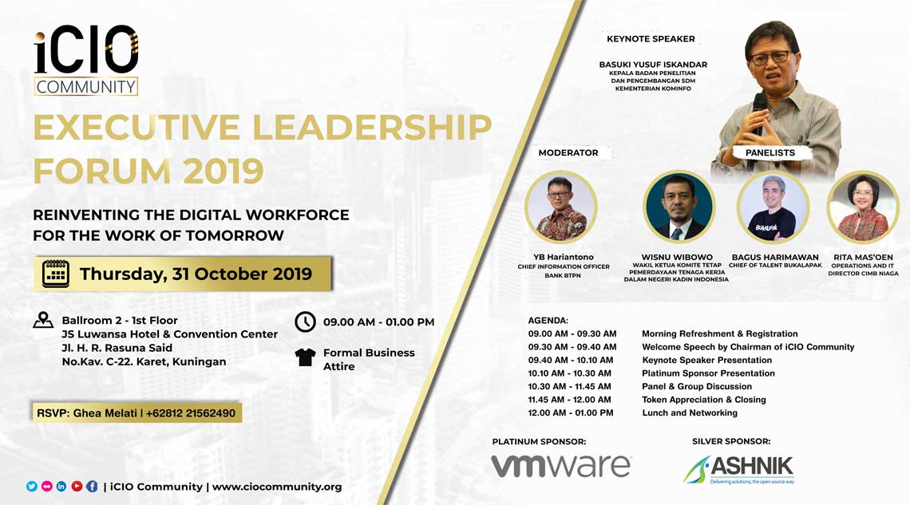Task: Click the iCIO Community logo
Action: coord(86,61)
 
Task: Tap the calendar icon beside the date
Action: coord(56,274)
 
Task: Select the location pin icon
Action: coord(43,321)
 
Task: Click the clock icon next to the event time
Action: coord(305,322)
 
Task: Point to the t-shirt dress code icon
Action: coord(305,357)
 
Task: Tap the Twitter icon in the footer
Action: coord(32,487)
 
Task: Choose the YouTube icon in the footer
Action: coord(77,487)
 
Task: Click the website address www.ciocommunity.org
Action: coord(277,487)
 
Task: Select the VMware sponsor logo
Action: coord(561,466)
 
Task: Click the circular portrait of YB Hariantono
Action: coord(560,207)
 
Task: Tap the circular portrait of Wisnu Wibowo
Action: coord(679,207)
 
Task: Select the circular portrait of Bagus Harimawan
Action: coord(773,207)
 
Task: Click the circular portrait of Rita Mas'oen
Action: coord(863,207)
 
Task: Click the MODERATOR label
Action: coord(568,152)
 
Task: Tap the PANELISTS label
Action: coord(770,152)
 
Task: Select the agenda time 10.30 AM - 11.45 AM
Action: coord(570,386)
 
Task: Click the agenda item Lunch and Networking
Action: coord(690,412)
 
